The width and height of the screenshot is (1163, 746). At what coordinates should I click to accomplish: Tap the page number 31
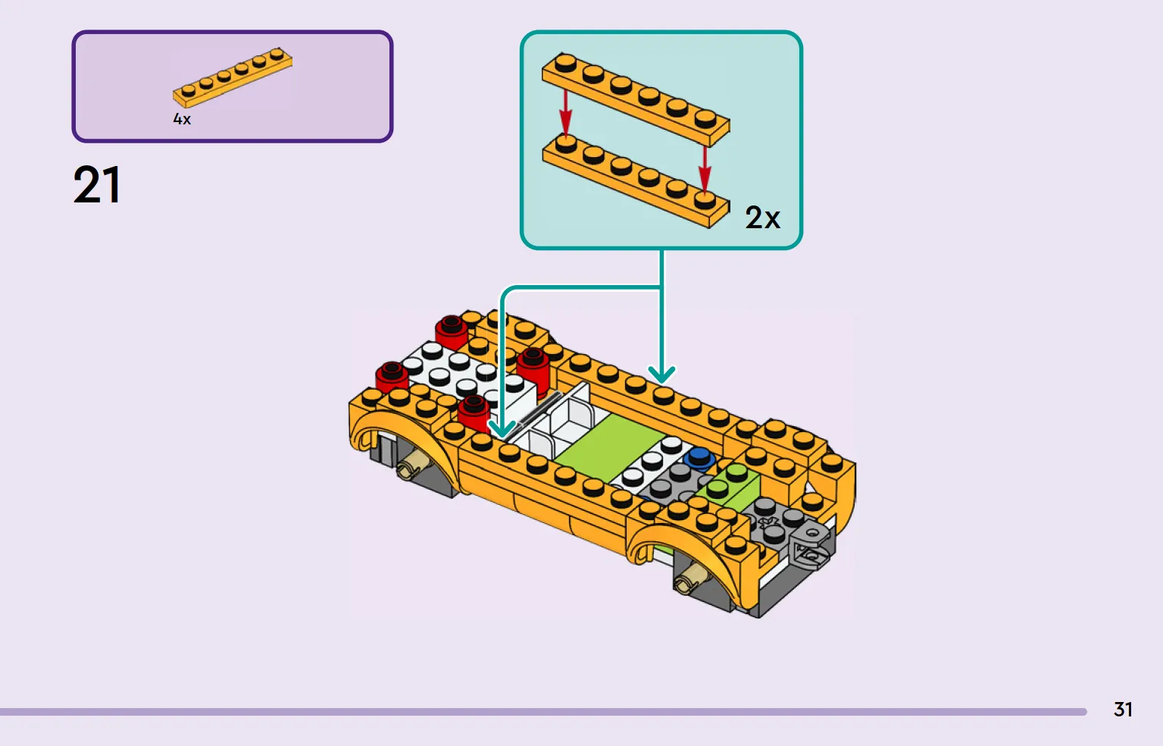(x=1123, y=710)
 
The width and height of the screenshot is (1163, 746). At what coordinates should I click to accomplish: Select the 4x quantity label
(x=182, y=120)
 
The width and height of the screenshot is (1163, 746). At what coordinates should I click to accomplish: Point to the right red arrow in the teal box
(x=705, y=168)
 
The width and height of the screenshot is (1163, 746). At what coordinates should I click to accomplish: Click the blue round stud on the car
(x=699, y=458)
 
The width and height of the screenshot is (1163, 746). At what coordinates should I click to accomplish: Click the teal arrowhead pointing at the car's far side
(x=661, y=374)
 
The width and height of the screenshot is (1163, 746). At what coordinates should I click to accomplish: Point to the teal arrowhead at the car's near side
(x=502, y=429)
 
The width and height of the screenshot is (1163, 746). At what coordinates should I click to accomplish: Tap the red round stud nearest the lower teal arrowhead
(x=474, y=413)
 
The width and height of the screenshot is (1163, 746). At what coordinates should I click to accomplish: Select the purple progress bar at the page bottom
(x=543, y=712)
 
